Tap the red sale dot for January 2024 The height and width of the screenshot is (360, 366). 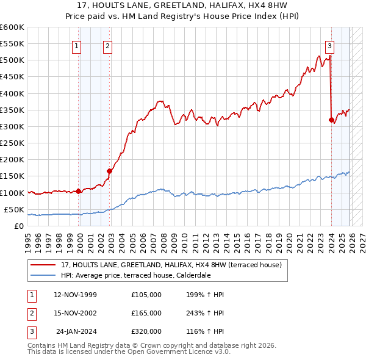tap(331, 120)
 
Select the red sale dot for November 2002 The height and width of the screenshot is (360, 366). tap(109, 171)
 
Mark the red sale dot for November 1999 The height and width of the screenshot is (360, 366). tap(79, 191)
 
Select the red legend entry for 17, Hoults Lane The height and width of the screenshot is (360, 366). tap(171, 265)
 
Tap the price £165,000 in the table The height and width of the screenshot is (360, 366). tap(146, 313)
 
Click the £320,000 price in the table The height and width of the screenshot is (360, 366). tap(146, 331)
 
